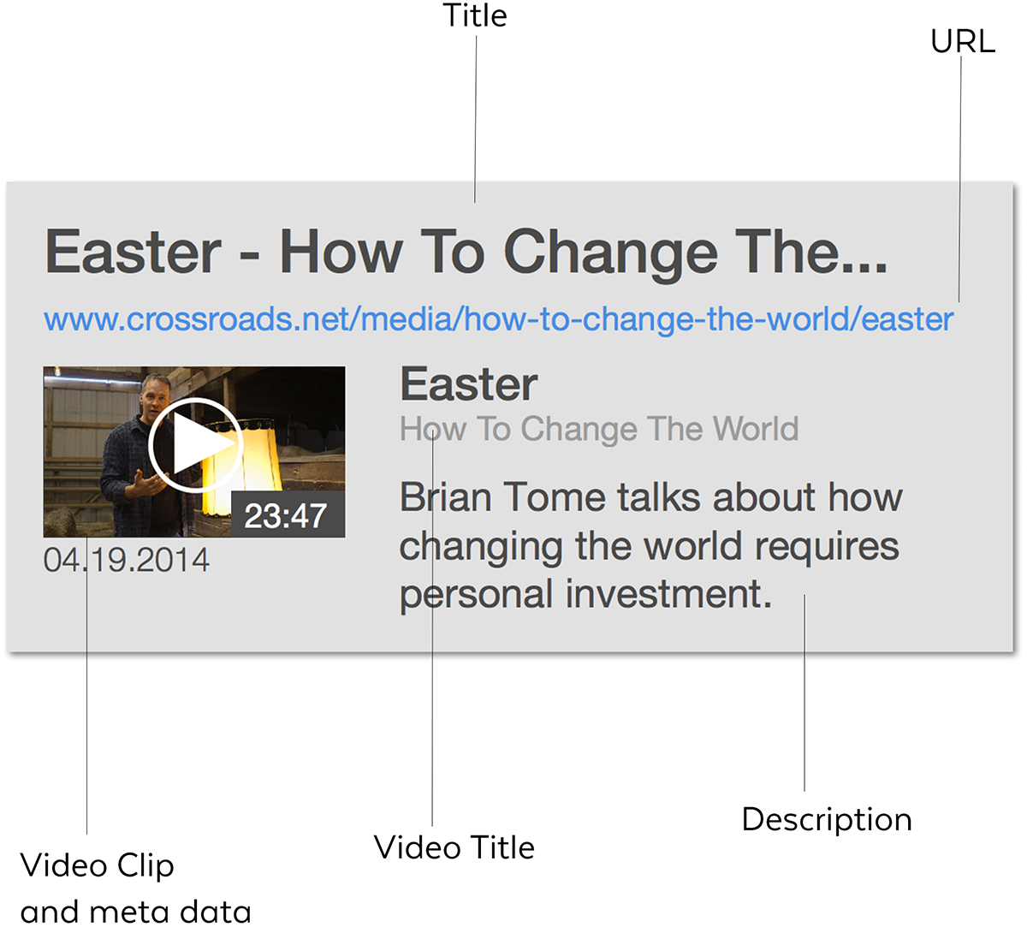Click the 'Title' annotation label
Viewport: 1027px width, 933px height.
(475, 15)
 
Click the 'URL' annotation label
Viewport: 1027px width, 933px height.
(963, 41)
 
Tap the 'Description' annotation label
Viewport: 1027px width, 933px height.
(827, 821)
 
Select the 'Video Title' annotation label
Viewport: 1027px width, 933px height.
(454, 847)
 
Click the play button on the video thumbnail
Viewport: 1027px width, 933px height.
(195, 444)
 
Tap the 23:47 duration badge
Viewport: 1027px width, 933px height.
(288, 514)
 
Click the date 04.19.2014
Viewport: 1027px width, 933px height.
(127, 560)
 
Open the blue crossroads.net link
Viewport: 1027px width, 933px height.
(499, 320)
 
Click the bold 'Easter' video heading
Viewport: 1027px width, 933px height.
(468, 384)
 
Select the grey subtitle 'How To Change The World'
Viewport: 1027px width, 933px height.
(599, 429)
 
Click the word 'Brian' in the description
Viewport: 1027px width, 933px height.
(445, 497)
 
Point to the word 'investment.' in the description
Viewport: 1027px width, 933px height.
(668, 594)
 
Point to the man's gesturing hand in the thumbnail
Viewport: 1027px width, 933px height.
(148, 483)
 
